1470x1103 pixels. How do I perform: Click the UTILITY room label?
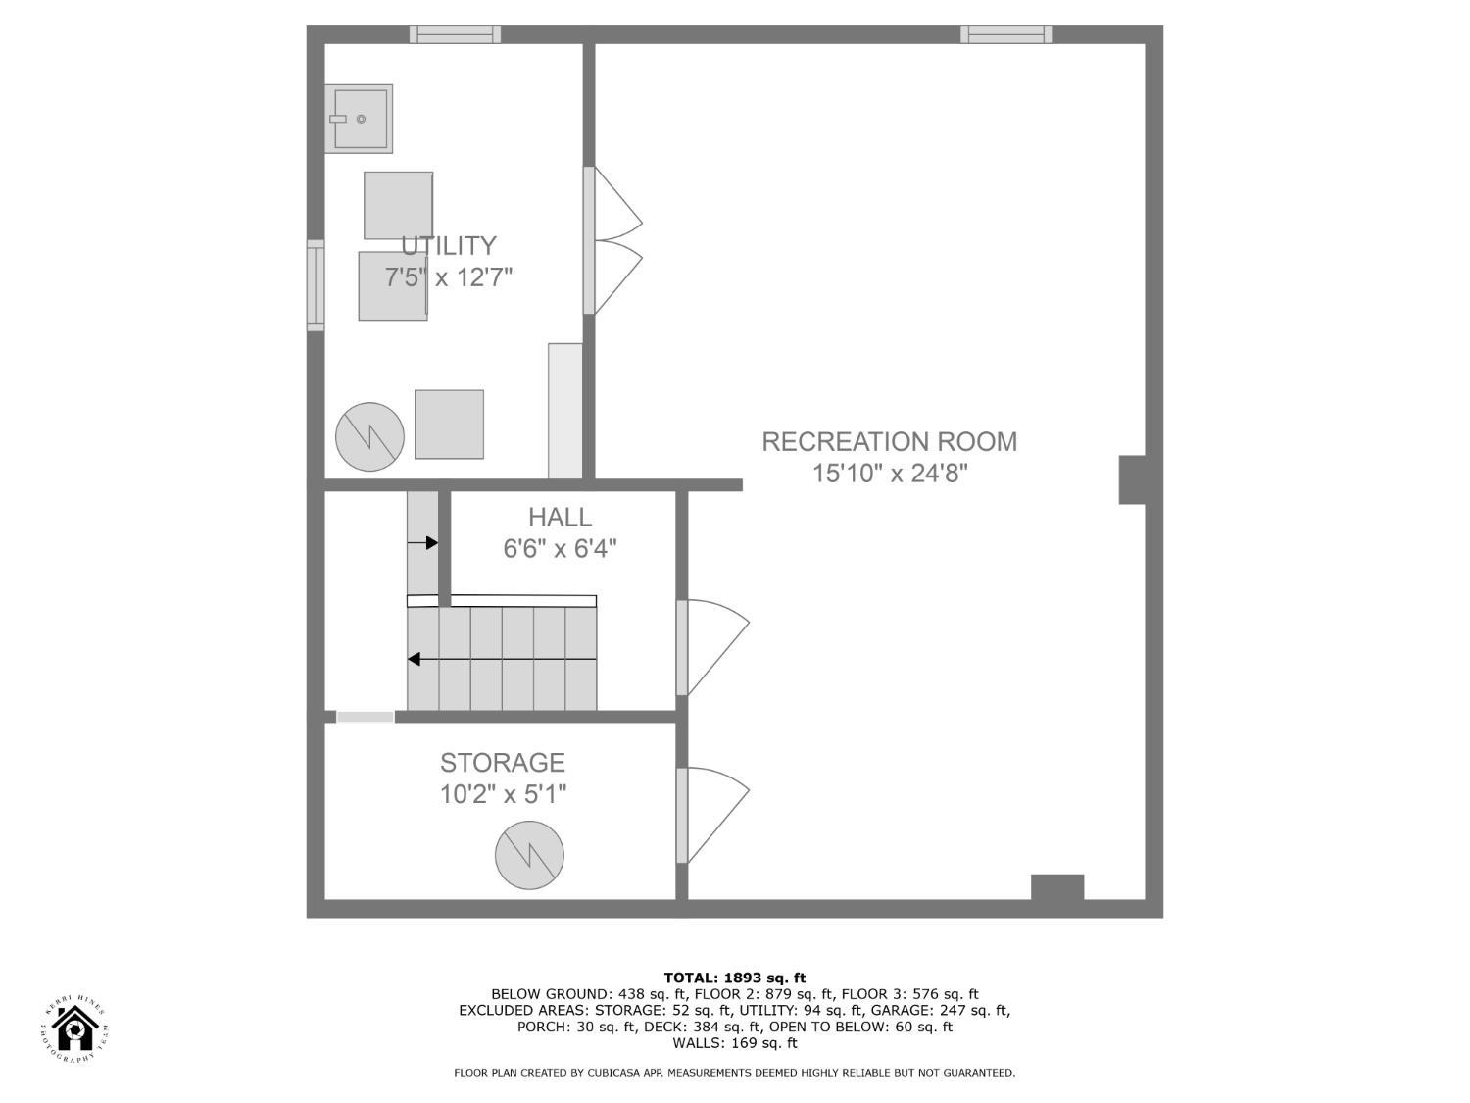coord(448,245)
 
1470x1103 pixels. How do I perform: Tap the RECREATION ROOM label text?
coord(889,441)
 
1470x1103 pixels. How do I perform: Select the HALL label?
coord(560,517)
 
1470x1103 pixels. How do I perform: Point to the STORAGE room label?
coord(502,762)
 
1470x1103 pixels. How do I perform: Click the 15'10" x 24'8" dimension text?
coord(889,474)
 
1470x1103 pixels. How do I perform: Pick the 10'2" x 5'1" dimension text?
coord(503,794)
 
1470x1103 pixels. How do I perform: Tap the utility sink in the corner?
coord(359,119)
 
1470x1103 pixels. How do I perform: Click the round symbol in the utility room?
coord(369,436)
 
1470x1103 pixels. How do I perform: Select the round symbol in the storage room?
coord(529,855)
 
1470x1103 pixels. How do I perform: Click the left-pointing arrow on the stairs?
coord(416,659)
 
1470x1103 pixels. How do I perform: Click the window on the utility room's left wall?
coord(316,285)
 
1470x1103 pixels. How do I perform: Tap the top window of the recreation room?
coord(1005,35)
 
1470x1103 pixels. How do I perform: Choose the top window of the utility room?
coord(455,35)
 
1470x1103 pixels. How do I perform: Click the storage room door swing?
coord(713,814)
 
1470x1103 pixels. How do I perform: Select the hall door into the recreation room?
coord(713,647)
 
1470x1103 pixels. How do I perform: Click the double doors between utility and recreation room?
coord(612,240)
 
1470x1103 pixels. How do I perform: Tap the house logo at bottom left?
coord(74,1029)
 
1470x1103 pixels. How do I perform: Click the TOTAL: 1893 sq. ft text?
coord(734,978)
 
